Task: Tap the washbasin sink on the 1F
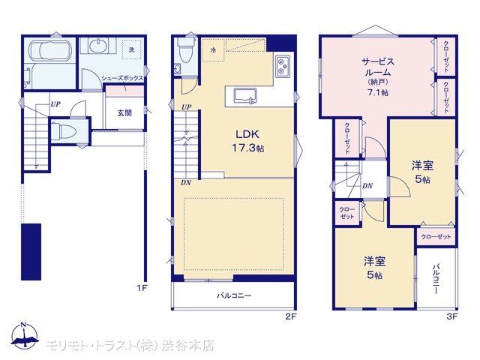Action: tap(98, 46)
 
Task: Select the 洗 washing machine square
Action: tap(132, 50)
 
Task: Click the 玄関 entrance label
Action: tap(124, 113)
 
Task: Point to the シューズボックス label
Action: tap(122, 78)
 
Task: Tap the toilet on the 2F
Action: tap(186, 50)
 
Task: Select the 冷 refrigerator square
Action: tap(213, 50)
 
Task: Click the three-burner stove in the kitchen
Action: tap(283, 66)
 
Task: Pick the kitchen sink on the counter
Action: tap(245, 96)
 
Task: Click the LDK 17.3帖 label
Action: tap(247, 141)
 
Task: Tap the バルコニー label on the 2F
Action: tap(234, 295)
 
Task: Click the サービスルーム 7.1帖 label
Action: tap(378, 76)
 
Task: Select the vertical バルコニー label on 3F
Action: tap(436, 278)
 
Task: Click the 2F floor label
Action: tap(291, 316)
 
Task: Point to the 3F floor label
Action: tap(451, 316)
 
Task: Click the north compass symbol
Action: tap(25, 336)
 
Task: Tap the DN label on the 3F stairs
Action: tap(367, 186)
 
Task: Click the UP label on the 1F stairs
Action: tap(55, 104)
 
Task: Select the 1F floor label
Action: tap(141, 288)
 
